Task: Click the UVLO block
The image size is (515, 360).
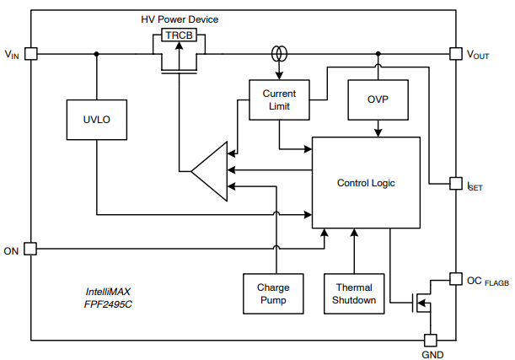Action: click(96, 119)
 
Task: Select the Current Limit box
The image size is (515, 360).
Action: click(279, 99)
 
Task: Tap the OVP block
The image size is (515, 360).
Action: click(378, 99)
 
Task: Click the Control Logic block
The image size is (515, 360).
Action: click(366, 182)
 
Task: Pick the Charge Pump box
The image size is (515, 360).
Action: click(273, 293)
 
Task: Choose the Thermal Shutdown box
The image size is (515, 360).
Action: click(353, 293)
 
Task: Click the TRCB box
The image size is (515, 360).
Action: click(179, 35)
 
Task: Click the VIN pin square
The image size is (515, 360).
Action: click(30, 53)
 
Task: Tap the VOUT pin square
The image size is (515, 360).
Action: click(455, 53)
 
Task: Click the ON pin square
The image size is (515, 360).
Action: click(30, 249)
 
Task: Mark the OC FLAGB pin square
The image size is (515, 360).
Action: click(455, 278)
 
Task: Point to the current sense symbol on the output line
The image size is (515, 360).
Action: click(278, 54)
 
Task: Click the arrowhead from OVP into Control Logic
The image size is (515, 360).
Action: click(378, 132)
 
